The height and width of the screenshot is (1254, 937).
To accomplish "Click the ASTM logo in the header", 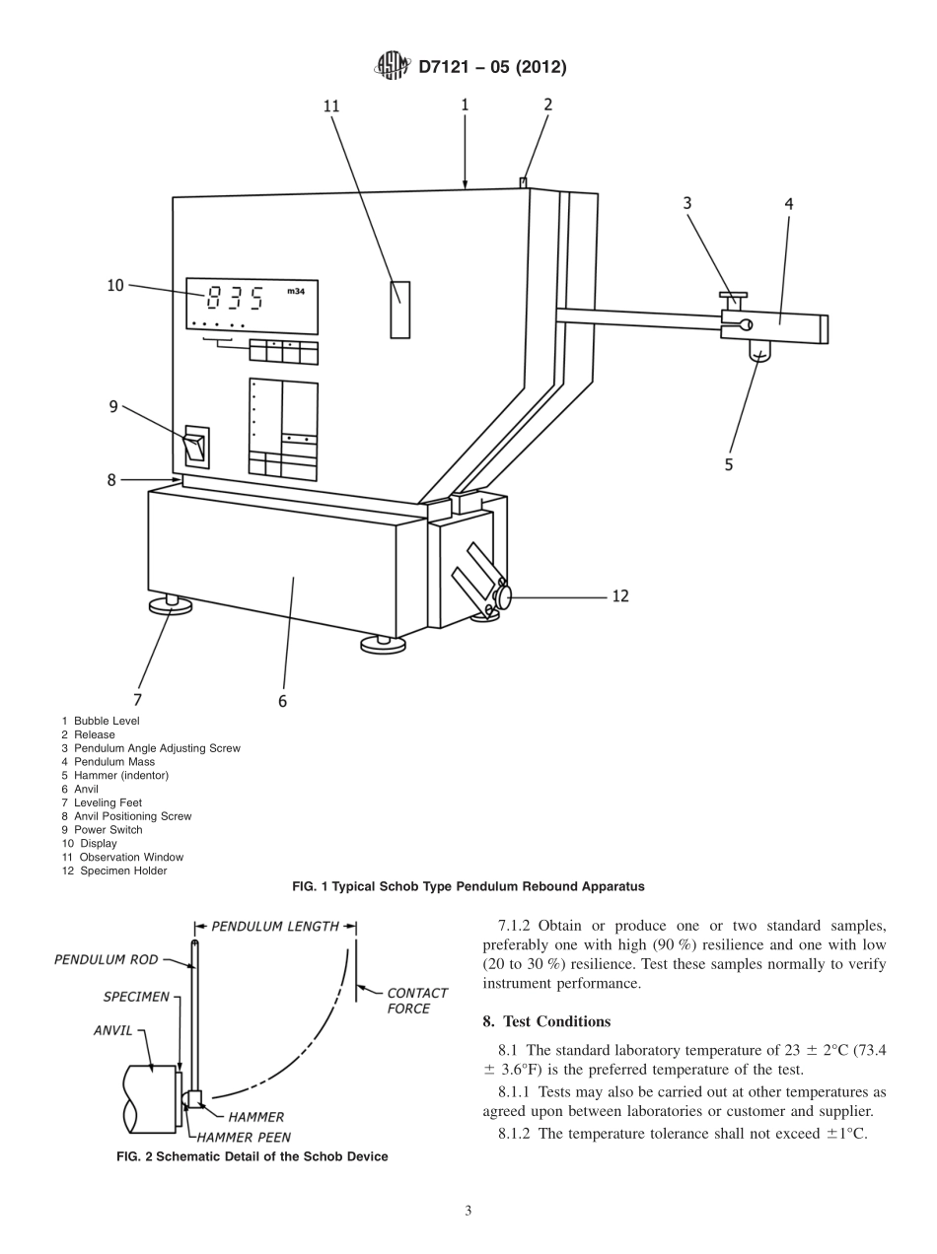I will tap(392, 67).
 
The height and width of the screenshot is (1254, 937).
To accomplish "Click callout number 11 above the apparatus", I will tap(331, 107).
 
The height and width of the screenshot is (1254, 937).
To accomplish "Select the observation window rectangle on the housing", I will tap(399, 310).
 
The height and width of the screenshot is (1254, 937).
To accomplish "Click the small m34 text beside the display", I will tap(295, 292).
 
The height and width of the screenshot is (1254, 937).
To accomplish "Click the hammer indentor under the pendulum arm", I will tap(758, 351).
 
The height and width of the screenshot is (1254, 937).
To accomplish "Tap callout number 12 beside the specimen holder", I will tap(620, 595).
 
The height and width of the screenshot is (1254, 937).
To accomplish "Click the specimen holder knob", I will tap(505, 596).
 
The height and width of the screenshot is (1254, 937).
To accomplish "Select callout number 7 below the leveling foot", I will tap(137, 699).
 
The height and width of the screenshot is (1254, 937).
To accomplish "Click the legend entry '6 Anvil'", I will tap(80, 789).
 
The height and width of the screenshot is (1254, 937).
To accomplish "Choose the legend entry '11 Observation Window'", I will tap(122, 857).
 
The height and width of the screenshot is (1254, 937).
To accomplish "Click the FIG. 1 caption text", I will tap(468, 886).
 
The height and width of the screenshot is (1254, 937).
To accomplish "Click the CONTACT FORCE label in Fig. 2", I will tap(416, 1001).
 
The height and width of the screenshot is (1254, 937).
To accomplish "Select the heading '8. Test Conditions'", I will tap(546, 1020).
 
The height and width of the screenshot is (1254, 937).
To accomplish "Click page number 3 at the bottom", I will tap(468, 1211).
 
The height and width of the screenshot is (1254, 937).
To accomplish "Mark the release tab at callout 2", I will tap(524, 182).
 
